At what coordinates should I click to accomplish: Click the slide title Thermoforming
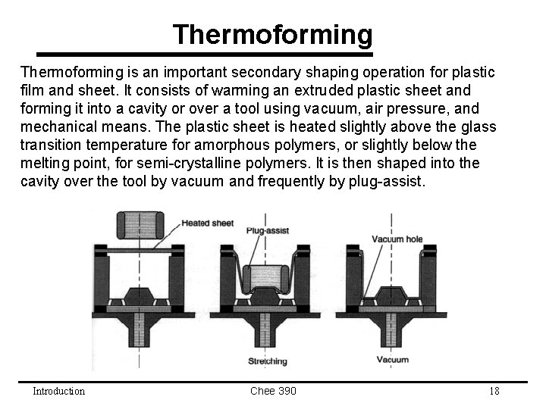tap(272, 35)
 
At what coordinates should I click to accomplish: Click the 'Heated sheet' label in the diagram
tap(207, 223)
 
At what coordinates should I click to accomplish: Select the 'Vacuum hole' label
tap(397, 239)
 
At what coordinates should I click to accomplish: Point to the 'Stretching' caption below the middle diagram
tap(268, 362)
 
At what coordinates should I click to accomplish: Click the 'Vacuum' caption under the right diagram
tap(392, 360)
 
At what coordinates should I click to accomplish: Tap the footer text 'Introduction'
tap(58, 391)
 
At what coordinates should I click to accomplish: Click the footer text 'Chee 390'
tap(272, 391)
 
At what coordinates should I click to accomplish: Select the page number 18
tap(494, 391)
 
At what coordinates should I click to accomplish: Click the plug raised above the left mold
tap(139, 225)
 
